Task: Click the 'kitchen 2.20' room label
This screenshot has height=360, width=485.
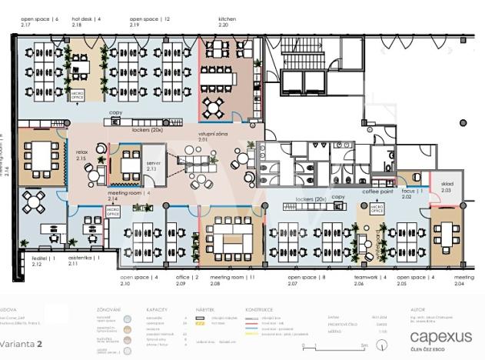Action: pos(227,21)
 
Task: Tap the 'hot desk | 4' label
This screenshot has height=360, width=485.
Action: pos(86,17)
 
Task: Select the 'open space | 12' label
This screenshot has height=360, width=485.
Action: pos(150,17)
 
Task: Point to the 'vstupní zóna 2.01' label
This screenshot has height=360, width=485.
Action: pos(211,137)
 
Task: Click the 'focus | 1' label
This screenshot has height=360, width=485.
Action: pos(410,189)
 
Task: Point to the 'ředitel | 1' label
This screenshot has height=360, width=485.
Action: pos(43,258)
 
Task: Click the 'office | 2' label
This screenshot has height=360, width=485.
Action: pos(187,275)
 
